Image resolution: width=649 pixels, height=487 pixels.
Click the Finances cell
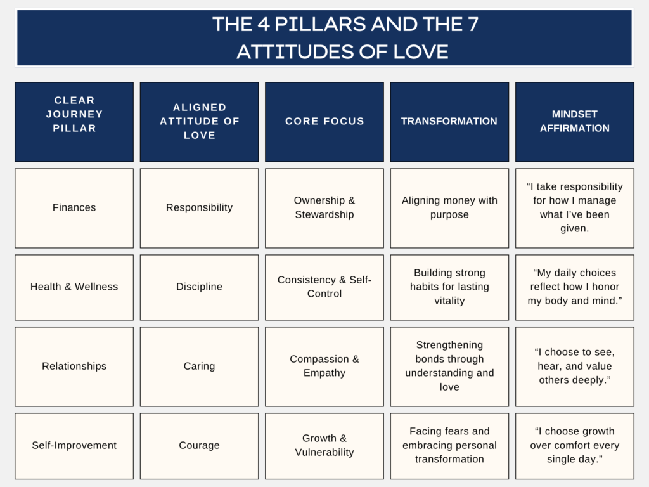pos(74,208)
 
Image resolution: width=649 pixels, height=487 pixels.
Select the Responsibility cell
pos(199,208)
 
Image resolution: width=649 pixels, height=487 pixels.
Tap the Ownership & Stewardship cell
pos(324,208)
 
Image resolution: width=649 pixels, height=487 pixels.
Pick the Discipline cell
pos(199,287)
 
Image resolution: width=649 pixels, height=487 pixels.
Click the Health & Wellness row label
pos(74,287)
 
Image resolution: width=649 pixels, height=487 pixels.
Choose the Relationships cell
pos(74,367)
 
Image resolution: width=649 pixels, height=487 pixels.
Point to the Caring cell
pos(199,367)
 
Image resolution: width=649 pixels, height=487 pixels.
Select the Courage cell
pos(199,446)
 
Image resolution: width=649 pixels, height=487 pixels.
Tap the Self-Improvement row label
pos(74,446)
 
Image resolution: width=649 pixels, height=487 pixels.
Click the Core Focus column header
pos(324,122)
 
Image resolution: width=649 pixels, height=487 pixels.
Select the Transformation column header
pos(449,122)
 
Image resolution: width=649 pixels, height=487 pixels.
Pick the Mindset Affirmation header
pos(574,122)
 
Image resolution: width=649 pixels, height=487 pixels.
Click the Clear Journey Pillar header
pos(74,122)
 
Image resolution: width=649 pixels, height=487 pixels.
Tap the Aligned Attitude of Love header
pos(199,122)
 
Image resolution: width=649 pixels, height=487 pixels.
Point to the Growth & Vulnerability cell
pos(324,446)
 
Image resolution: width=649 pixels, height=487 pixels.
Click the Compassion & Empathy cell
pos(324,367)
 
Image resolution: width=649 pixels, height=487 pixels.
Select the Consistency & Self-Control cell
pos(324,287)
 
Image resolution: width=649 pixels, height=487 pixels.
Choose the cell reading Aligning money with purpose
pos(449,208)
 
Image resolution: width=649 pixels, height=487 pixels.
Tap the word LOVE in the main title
pos(421,52)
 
